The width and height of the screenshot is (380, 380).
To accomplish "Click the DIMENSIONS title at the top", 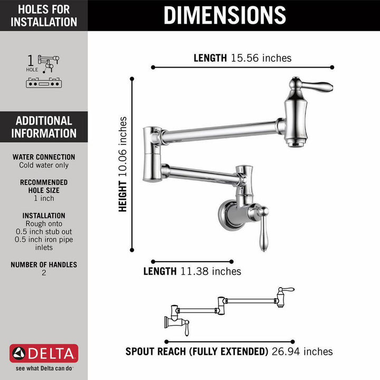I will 224,15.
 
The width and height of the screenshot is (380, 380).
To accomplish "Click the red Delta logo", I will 44,353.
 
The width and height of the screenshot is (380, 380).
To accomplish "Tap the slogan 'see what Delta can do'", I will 44,369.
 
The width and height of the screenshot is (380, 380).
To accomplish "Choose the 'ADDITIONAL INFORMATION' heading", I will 44,127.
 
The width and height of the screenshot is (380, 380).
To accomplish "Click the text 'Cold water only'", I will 44,165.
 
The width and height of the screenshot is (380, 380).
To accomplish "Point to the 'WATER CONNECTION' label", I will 44,157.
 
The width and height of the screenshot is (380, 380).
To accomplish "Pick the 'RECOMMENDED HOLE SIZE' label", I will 44,186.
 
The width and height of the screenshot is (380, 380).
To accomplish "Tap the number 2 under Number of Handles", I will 44,273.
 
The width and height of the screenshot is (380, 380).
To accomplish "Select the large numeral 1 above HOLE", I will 31,59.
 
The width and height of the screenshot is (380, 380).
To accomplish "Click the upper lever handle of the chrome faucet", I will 315,85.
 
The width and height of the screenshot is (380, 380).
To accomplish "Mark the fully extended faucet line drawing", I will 230,309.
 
